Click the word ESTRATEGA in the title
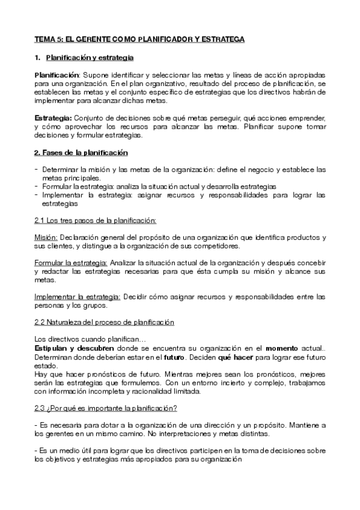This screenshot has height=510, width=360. (224, 40)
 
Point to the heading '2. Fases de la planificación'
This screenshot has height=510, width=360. (81, 152)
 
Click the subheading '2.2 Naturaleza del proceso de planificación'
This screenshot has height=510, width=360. (104, 322)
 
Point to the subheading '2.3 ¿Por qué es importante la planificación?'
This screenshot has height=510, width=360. (105, 408)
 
